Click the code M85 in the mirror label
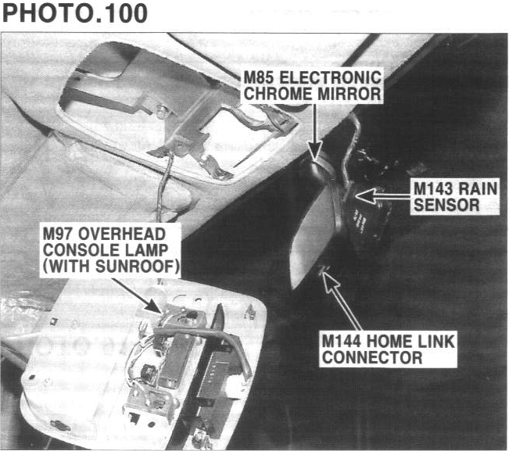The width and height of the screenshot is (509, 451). (x=259, y=78)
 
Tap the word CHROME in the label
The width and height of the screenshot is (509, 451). (x=277, y=94)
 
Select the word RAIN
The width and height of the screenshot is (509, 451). (x=482, y=189)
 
